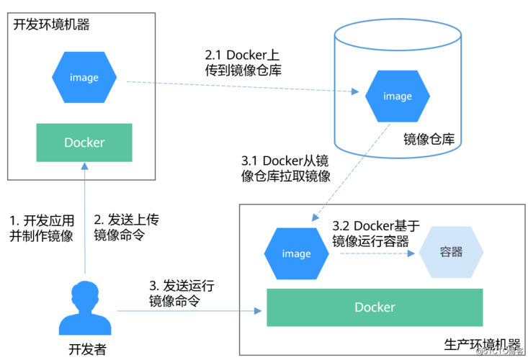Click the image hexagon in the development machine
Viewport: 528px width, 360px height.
(84, 78)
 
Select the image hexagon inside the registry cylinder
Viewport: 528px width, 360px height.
(398, 96)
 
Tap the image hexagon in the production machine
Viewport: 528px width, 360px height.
(296, 253)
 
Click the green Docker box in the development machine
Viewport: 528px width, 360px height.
(84, 143)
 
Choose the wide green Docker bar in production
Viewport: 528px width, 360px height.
(375, 307)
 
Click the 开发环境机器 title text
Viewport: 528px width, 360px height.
(52, 24)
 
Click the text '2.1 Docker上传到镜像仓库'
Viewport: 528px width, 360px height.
(243, 63)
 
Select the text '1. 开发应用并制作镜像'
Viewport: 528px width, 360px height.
(41, 228)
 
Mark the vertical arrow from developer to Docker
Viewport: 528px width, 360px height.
(84, 216)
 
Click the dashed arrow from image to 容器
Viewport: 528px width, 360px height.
(375, 253)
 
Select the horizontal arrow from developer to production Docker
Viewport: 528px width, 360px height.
(187, 311)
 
